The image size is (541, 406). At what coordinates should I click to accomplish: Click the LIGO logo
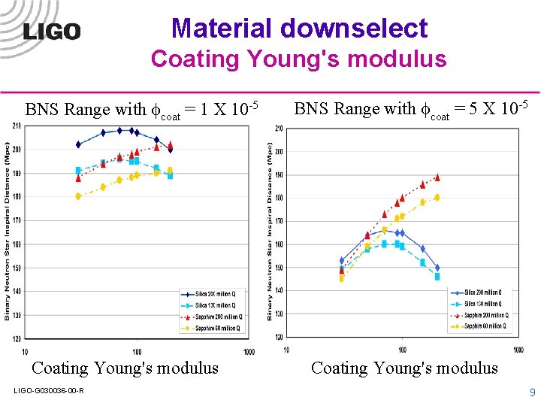[52, 31]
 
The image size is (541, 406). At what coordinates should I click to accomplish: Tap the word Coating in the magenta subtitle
[194, 59]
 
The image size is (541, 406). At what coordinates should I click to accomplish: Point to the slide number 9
[532, 392]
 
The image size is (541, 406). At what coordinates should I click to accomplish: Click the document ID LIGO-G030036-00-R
[49, 389]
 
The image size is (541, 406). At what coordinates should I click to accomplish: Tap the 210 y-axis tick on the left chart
[17, 126]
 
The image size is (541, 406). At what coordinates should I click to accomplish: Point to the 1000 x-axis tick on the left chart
[248, 351]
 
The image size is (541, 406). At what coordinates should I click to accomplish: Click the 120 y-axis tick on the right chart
[278, 337]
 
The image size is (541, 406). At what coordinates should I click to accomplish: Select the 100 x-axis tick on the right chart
[402, 350]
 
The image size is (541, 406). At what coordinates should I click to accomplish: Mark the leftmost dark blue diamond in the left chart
[78, 144]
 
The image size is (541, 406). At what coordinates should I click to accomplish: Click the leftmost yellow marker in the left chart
[78, 196]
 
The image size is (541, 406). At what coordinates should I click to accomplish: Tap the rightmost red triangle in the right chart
[437, 177]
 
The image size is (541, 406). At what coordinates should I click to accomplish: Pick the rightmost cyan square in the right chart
[437, 277]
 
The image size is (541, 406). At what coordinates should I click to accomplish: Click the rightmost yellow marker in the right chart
[437, 198]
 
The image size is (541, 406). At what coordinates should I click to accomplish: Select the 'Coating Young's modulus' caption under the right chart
[404, 368]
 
